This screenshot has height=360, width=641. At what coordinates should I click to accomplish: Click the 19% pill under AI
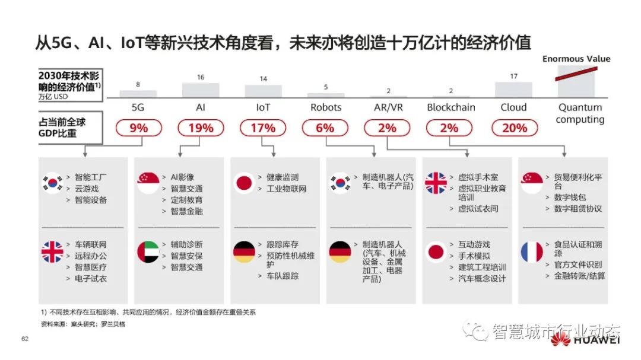tap(201, 128)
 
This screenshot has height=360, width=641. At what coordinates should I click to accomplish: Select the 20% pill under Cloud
tap(515, 128)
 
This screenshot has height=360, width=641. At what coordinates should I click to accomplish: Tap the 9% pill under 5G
tap(138, 128)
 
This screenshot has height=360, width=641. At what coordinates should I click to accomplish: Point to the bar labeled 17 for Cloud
tap(513, 89)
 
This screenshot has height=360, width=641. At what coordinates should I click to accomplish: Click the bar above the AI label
tap(201, 90)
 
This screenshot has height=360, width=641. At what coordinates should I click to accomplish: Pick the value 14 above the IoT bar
tap(263, 79)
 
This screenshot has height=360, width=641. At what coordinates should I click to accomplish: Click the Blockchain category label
tap(451, 107)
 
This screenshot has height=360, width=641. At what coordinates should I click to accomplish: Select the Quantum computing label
tap(580, 113)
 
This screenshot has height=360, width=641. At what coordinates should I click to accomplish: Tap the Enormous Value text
tap(576, 59)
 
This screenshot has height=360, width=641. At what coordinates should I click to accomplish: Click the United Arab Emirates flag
tap(148, 253)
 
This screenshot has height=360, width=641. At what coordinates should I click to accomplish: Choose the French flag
tap(532, 253)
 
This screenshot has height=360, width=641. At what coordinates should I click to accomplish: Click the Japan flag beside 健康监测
tap(244, 183)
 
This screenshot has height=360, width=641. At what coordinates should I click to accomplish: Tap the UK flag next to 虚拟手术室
tap(436, 183)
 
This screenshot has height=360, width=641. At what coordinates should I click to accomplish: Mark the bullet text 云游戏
tap(87, 189)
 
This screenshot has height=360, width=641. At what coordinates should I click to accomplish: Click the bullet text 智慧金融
tap(186, 211)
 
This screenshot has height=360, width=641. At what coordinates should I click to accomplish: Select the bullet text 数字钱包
tap(570, 197)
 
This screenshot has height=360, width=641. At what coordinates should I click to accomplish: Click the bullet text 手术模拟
tap(474, 256)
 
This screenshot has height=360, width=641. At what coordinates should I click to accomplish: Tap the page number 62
tap(25, 339)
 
